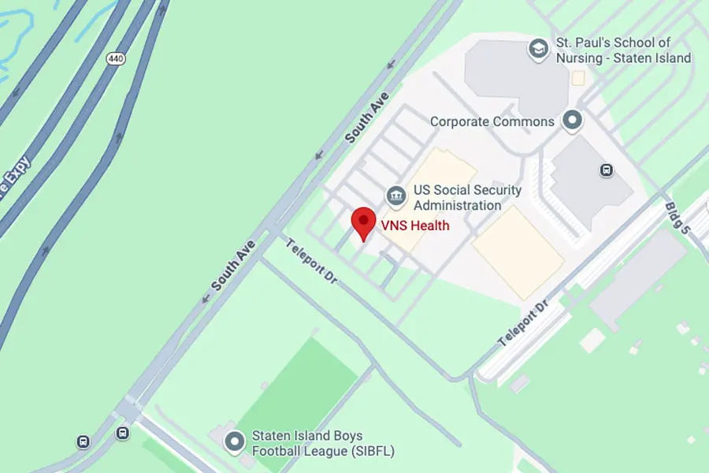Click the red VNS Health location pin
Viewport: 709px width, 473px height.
click(362, 222)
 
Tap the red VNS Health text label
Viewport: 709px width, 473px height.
click(415, 226)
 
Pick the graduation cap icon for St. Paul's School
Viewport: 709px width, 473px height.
click(539, 49)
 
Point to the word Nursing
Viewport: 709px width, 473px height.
click(582, 58)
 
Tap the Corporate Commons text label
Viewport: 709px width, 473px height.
click(492, 122)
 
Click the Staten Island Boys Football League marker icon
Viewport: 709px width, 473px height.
click(234, 441)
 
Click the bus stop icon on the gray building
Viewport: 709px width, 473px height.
click(607, 169)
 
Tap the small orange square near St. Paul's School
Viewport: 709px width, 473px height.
click(578, 78)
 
